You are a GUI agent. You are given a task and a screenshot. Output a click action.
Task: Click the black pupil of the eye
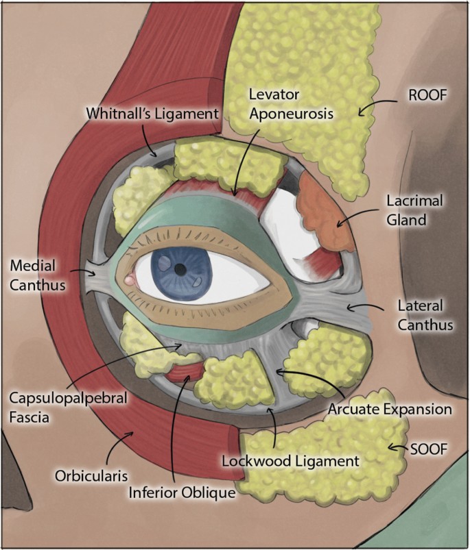point(180,269)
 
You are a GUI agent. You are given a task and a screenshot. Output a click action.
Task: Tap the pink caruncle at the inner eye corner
point(130,279)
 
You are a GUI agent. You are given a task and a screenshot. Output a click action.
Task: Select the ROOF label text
point(427,96)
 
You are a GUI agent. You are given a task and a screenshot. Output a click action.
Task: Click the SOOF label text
point(429,449)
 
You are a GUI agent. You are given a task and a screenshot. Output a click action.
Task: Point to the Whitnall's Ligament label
point(152,114)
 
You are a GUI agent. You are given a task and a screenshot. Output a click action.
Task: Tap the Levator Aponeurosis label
point(291,104)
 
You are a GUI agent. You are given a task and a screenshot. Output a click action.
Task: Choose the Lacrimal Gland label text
point(414,210)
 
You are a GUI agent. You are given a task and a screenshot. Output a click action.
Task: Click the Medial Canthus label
point(38,275)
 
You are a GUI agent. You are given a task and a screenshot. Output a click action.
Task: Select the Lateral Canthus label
point(425,315)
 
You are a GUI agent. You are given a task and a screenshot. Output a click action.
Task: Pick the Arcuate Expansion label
point(390,410)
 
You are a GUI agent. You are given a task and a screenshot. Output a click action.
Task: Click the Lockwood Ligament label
point(290,461)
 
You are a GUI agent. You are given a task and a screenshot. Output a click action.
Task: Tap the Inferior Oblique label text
point(182,493)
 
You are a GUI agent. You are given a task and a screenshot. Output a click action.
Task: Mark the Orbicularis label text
point(91,476)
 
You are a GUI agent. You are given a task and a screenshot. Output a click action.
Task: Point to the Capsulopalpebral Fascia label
point(68,408)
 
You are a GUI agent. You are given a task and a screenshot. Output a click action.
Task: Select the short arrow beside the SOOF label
point(398,447)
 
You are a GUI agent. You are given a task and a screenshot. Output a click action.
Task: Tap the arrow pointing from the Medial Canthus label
point(83,272)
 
